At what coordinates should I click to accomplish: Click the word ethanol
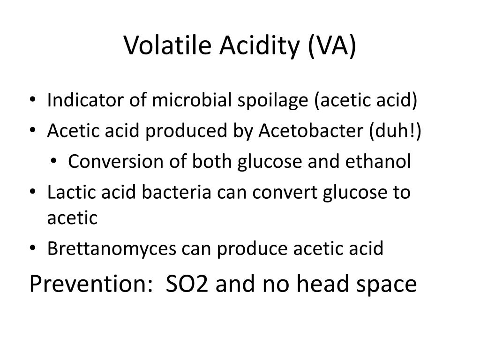[379, 162]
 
